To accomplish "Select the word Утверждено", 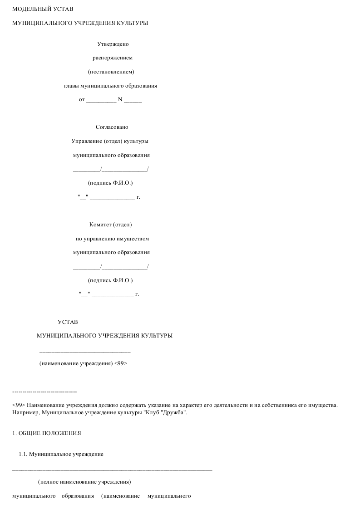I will (113, 44).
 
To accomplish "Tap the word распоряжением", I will (113, 58).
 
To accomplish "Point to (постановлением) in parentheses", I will (111, 72).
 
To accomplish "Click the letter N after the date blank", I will (120, 99).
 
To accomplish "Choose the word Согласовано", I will (112, 127).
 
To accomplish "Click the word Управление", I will (87, 141).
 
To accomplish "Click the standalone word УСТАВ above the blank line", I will (68, 322).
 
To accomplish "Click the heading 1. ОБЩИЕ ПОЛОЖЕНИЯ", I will (47, 433).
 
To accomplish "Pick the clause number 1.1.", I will (23, 454).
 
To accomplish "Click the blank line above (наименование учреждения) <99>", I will (85, 352).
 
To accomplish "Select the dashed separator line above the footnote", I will (44, 392).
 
